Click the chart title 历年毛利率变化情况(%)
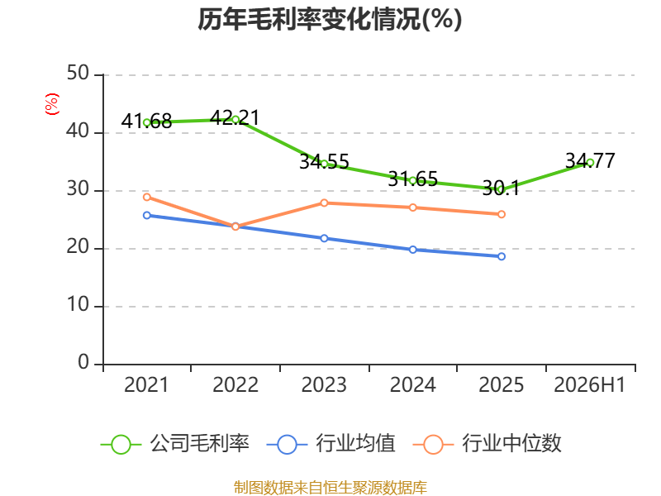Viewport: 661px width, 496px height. [330, 19]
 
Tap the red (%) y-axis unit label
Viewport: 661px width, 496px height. [52, 104]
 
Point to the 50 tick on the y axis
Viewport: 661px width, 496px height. [78, 74]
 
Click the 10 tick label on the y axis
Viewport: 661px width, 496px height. [78, 304]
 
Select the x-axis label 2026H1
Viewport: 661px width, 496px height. [589, 384]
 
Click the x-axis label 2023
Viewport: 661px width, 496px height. [324, 384]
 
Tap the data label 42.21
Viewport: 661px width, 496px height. [235, 117]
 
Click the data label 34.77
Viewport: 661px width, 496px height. [590, 160]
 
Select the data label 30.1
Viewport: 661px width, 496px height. [501, 188]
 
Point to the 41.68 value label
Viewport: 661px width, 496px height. [146, 122]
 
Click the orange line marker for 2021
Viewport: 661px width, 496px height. [147, 197]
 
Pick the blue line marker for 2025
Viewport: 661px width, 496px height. [502, 256]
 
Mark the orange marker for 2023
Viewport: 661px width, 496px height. [324, 203]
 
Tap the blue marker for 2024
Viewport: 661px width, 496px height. [412, 250]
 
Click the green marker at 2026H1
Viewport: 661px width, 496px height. [590, 163]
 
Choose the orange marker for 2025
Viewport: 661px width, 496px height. [502, 214]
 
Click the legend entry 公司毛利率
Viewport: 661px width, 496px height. [175, 444]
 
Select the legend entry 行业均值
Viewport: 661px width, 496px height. [331, 444]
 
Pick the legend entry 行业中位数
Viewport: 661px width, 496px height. [487, 444]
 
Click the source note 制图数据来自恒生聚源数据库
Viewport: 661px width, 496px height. [330, 488]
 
